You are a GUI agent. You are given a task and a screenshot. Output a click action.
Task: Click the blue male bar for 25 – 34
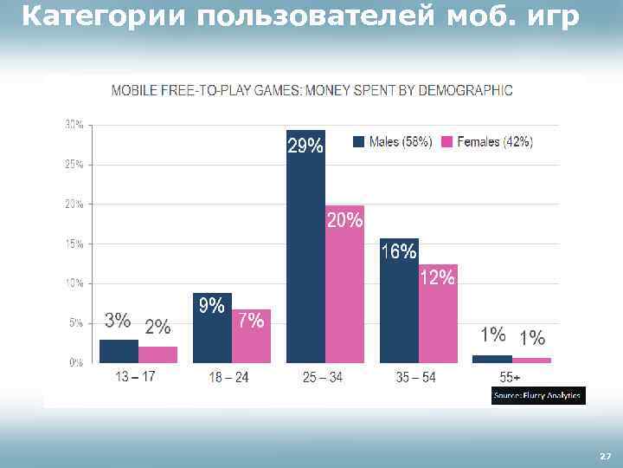(x=305, y=260)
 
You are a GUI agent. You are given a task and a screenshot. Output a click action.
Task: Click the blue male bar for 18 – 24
(x=212, y=334)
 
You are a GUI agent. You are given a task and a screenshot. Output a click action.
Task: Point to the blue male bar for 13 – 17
(x=119, y=351)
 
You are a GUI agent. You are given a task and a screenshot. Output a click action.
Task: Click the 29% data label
(x=305, y=146)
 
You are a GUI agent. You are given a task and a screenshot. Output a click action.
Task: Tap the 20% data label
(x=344, y=221)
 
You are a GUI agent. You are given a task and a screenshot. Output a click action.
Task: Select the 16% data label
(x=399, y=252)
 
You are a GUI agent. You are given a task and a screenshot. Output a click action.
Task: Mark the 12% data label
(x=437, y=277)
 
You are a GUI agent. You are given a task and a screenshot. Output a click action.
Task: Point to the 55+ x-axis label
(x=510, y=377)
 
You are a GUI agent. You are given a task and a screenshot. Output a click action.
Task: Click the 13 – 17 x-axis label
(x=135, y=377)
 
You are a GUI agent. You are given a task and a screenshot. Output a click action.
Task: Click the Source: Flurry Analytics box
(x=537, y=396)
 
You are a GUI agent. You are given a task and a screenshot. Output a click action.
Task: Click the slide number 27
(x=605, y=455)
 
